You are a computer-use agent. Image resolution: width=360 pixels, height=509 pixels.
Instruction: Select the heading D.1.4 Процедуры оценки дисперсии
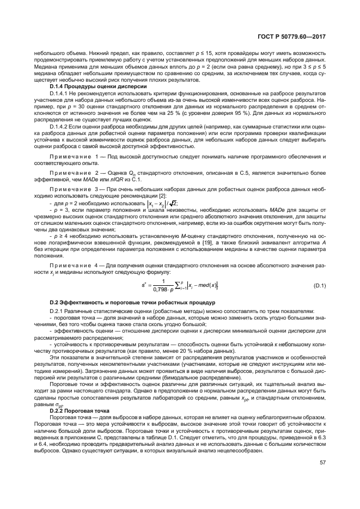(x=98, y=87)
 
